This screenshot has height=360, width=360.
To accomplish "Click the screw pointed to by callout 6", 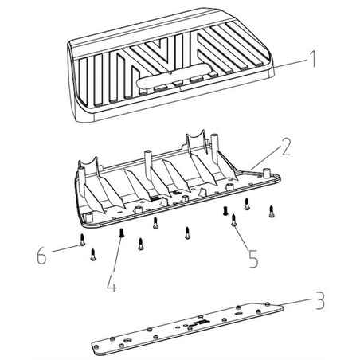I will (x=83, y=243).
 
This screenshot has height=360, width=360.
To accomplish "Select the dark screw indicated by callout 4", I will (x=121, y=233).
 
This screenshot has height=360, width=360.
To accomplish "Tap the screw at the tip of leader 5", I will (x=233, y=224).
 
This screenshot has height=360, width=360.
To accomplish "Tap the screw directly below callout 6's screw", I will (x=93, y=254).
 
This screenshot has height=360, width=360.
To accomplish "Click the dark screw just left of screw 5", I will (x=225, y=212).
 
